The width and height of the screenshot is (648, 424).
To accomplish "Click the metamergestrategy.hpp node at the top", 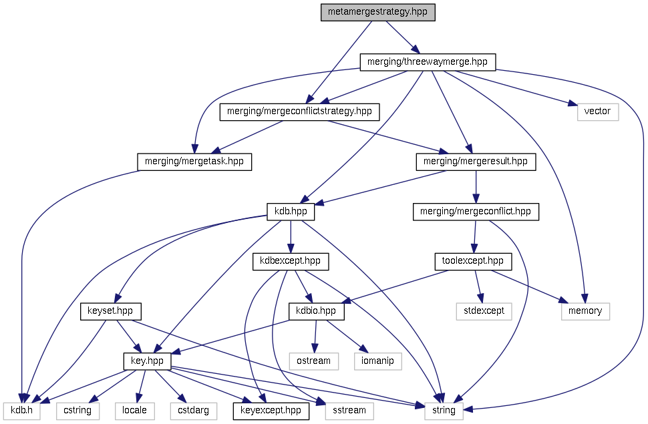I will click(377, 13).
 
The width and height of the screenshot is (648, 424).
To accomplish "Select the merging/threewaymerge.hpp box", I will click(428, 62).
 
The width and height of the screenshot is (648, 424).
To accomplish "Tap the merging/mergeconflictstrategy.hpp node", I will click(299, 112).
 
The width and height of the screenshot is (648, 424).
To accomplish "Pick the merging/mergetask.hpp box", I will click(194, 161).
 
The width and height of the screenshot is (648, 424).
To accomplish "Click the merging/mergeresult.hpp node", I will click(476, 161).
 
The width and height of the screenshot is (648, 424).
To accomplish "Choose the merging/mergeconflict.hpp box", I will click(475, 212).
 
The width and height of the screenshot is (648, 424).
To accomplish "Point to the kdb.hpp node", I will click(291, 212).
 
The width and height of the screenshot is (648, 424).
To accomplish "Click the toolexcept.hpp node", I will click(472, 261).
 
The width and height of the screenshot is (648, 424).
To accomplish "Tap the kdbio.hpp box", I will click(316, 310).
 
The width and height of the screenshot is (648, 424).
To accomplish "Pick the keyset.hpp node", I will click(110, 310).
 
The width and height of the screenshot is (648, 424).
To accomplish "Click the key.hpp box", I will click(148, 361).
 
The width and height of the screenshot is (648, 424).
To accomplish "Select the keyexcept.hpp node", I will click(271, 410).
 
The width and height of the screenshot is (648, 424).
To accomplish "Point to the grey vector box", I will click(597, 112).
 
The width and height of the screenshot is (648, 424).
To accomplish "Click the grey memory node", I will click(585, 310).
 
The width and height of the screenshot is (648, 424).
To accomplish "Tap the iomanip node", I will click(377, 361).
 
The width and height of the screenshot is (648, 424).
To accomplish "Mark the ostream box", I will click(313, 361).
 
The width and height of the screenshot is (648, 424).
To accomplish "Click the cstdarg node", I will click(193, 410).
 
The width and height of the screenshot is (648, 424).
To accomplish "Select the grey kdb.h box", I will click(22, 410).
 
